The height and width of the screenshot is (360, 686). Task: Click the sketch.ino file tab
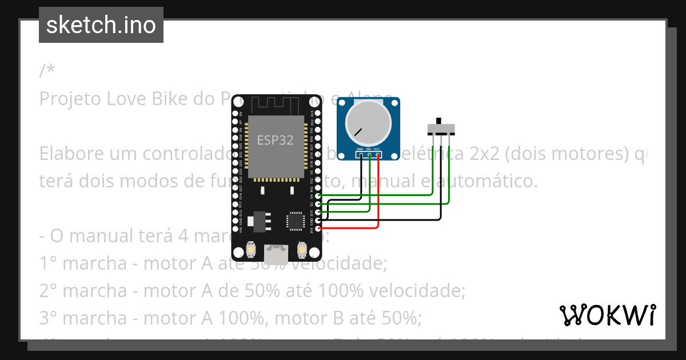[x=101, y=25]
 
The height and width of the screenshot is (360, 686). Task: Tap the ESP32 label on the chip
[x=275, y=139]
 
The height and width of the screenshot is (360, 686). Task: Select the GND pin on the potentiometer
[x=361, y=154]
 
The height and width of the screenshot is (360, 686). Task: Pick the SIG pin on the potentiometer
[x=370, y=154]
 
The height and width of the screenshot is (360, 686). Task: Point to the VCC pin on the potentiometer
[x=378, y=154]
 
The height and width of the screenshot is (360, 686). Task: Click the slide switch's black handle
[x=439, y=122]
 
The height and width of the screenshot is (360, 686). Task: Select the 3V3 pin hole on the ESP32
[x=318, y=229]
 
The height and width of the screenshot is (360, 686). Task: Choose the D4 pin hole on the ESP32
[x=318, y=196]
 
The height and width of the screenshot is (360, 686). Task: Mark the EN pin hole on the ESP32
[x=236, y=114]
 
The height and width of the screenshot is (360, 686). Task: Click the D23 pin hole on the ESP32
[x=318, y=114]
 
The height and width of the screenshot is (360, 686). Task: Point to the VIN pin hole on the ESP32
[x=236, y=229]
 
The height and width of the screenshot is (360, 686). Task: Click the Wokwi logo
[x=608, y=315]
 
